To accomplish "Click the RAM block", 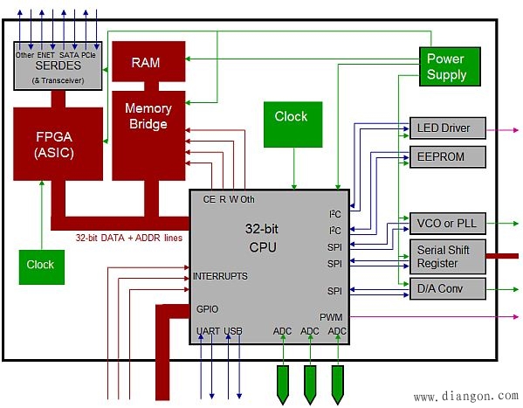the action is [148, 61].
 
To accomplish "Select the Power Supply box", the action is [450, 66].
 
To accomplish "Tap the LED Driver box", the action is [448, 128].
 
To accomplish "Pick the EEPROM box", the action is [448, 156].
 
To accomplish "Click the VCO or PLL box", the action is [448, 223].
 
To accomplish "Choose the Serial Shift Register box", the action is [448, 257].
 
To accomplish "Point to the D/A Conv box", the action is [448, 288].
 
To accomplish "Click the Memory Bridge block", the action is [148, 135].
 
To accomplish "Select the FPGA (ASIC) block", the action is [58, 144].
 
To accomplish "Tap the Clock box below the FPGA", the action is [42, 267].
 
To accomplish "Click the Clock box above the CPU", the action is [292, 125].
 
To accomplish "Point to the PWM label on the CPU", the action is [331, 317].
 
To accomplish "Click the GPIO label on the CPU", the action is [207, 309].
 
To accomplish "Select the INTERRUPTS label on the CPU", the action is [220, 276].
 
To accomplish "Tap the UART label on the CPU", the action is [208, 331].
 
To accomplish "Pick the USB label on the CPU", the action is [233, 331].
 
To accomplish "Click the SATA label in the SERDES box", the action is [69, 55].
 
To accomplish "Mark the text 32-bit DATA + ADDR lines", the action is [129, 238].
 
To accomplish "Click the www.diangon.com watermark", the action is [466, 396].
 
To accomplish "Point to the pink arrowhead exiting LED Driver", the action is [516, 130].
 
